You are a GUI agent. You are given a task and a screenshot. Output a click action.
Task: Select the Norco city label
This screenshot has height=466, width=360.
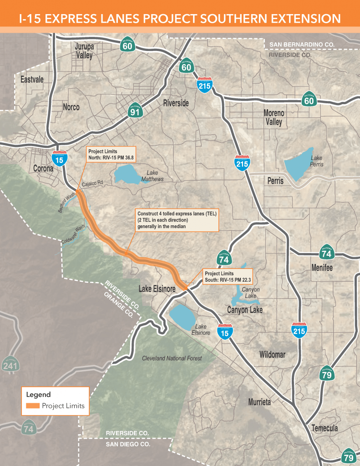tap(71, 107)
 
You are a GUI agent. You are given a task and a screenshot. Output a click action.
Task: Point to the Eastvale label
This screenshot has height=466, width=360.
tap(32, 79)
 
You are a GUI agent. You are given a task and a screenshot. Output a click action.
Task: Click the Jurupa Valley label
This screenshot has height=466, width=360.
tap(83, 51)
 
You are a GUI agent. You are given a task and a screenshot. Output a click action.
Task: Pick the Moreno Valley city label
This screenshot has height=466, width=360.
tap(274, 117)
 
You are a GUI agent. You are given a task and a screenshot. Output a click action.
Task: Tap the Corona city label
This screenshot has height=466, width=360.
tap(43, 168)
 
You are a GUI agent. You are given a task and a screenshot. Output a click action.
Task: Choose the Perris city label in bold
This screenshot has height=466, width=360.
tap(275, 181)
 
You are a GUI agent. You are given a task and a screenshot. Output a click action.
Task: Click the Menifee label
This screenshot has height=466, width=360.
tap(322, 268)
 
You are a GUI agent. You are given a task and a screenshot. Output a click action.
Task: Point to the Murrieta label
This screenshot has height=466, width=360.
tap(259, 402)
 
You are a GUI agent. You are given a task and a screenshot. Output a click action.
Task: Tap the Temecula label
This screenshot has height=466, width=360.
tap(325, 428)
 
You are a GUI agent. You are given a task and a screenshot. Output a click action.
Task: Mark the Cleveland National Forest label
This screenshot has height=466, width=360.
tap(172, 358)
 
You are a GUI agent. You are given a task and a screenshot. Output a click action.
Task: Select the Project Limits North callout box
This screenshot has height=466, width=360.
tap(111, 154)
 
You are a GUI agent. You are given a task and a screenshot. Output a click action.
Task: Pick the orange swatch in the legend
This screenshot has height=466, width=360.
tap(33, 406)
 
